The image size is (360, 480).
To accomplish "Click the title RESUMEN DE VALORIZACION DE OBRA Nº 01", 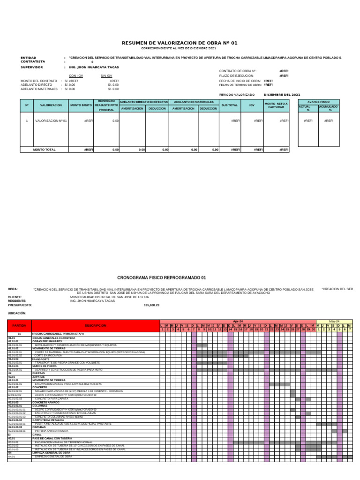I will point(180,43).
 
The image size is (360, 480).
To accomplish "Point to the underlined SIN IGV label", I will point(106,75).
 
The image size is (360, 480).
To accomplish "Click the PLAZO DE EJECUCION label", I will point(237,75).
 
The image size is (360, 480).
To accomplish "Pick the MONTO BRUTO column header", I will point(81,105).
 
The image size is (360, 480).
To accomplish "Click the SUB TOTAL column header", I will point(230,105).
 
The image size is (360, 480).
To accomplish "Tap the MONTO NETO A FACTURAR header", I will point(276,105).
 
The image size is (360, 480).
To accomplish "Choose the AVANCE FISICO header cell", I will point(318,101).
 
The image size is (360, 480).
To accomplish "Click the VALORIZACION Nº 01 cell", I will point(51,120).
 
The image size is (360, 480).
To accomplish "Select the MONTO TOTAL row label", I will point(44,150).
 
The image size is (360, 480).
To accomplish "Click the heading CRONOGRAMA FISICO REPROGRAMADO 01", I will point(161,277).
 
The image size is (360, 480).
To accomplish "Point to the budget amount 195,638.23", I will point(151,305).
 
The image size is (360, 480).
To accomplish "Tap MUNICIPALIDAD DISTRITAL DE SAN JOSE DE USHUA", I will point(109,297).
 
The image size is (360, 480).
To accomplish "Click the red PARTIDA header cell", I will point(19,325).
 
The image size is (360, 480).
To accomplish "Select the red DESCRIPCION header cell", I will point(96,325).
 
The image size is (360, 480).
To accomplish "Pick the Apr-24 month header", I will point(238,322).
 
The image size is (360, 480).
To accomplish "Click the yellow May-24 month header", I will point(334,322).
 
